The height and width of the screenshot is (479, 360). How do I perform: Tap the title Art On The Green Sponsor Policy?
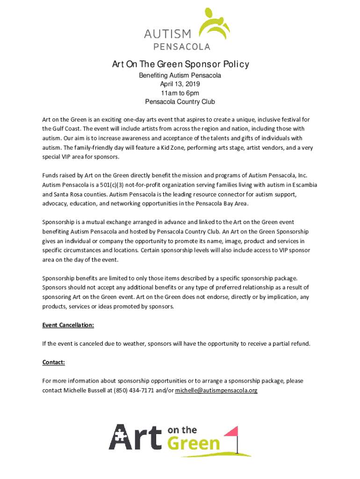point(180,64)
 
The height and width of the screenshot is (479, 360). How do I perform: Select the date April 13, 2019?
point(180,84)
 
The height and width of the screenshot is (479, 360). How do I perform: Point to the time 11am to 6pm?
point(180,93)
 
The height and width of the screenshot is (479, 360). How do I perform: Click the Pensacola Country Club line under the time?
point(180,102)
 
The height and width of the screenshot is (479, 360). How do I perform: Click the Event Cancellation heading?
point(68,325)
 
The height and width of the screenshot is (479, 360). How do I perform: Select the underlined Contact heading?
point(53,362)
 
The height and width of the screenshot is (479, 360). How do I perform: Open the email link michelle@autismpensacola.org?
point(216,390)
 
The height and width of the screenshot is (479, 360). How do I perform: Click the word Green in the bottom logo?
point(194,443)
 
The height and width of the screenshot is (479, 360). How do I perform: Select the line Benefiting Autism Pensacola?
point(180,75)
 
